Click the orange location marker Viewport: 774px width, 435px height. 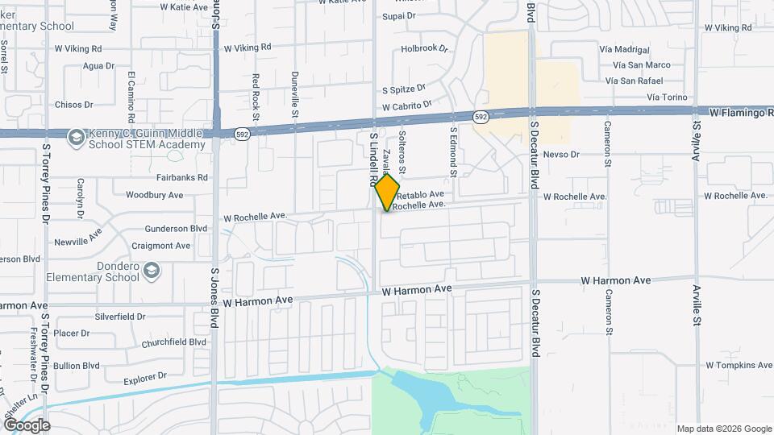[x=387, y=192]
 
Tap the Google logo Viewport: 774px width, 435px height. [x=27, y=425]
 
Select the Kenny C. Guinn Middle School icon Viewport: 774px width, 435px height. [x=76, y=137]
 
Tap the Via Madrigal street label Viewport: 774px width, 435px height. [x=625, y=49]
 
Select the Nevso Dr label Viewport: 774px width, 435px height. [x=561, y=154]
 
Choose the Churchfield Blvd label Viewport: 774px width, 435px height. [x=174, y=342]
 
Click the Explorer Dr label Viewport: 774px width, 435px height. [x=145, y=375]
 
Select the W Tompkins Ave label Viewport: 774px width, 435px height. [x=739, y=365]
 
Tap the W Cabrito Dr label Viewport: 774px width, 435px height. [x=407, y=106]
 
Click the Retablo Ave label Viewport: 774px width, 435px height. [x=420, y=194]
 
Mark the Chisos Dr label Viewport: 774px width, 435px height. [x=74, y=105]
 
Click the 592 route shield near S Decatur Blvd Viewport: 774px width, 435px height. [x=481, y=118]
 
